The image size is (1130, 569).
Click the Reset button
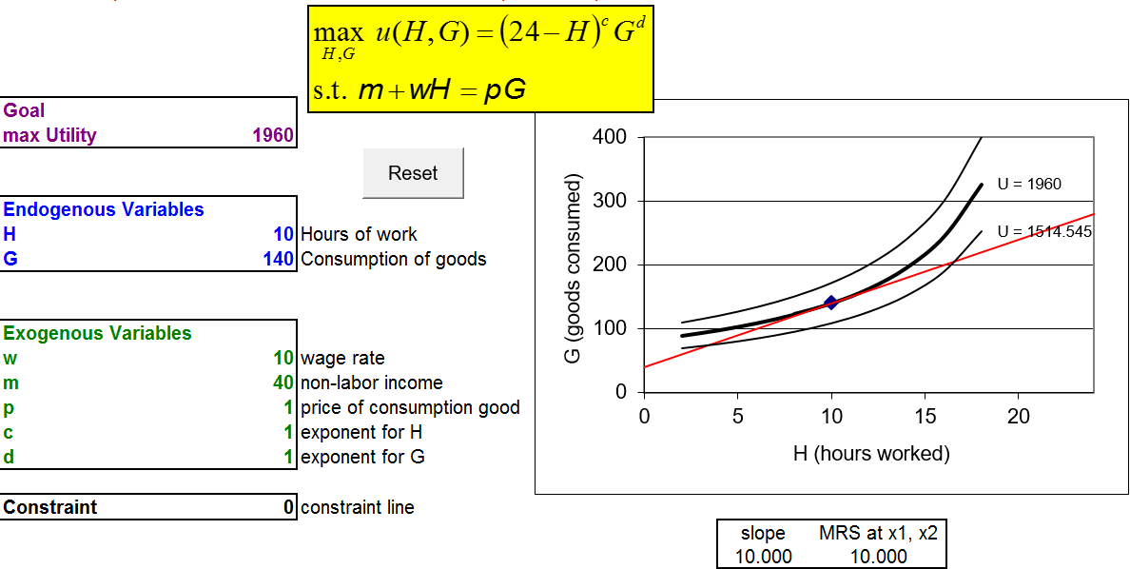[x=413, y=173]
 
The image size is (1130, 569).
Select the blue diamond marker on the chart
[x=831, y=303]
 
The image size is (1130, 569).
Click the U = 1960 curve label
[x=1029, y=185]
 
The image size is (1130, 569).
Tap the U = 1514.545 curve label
[x=1044, y=231]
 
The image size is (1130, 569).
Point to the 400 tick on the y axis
[x=610, y=137]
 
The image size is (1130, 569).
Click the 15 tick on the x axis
[x=925, y=417]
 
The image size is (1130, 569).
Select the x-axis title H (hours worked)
[x=871, y=454]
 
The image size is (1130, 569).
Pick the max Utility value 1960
[x=273, y=135]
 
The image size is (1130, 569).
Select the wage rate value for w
[x=283, y=358]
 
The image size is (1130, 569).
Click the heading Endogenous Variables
[x=104, y=209]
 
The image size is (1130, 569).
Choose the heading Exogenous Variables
[x=97, y=333]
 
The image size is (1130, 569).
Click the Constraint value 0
[x=289, y=507]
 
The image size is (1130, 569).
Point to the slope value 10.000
[x=764, y=557]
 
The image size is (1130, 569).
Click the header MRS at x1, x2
[x=878, y=533]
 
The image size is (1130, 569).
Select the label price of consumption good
[x=410, y=407]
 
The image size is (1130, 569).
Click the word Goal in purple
[x=24, y=110]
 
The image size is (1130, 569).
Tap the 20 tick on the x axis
[x=1018, y=417]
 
